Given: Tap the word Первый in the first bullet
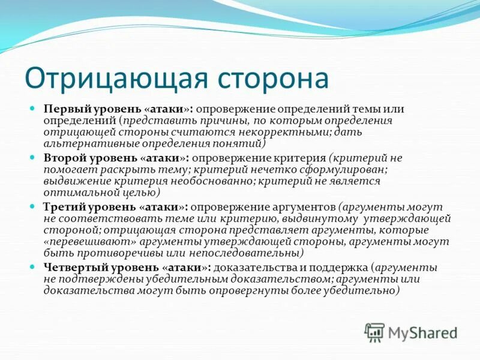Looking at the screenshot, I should (x=65, y=109).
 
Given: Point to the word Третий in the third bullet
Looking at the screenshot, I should (x=64, y=207).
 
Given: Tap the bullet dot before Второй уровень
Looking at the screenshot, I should (x=34, y=158).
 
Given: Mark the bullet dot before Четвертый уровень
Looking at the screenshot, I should (x=34, y=267).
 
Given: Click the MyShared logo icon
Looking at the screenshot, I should (x=375, y=332).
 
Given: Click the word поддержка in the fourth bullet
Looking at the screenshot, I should (x=336, y=267).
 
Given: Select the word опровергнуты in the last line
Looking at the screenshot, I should (x=226, y=290).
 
